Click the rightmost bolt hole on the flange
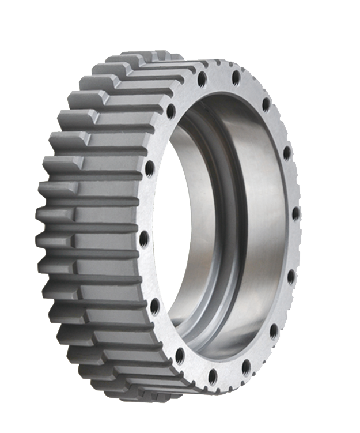tap(295, 213)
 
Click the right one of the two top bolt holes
tap(236, 77)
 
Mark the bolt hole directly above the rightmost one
tap(287, 153)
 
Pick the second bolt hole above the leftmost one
tap(170, 110)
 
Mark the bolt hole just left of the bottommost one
tap(179, 355)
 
